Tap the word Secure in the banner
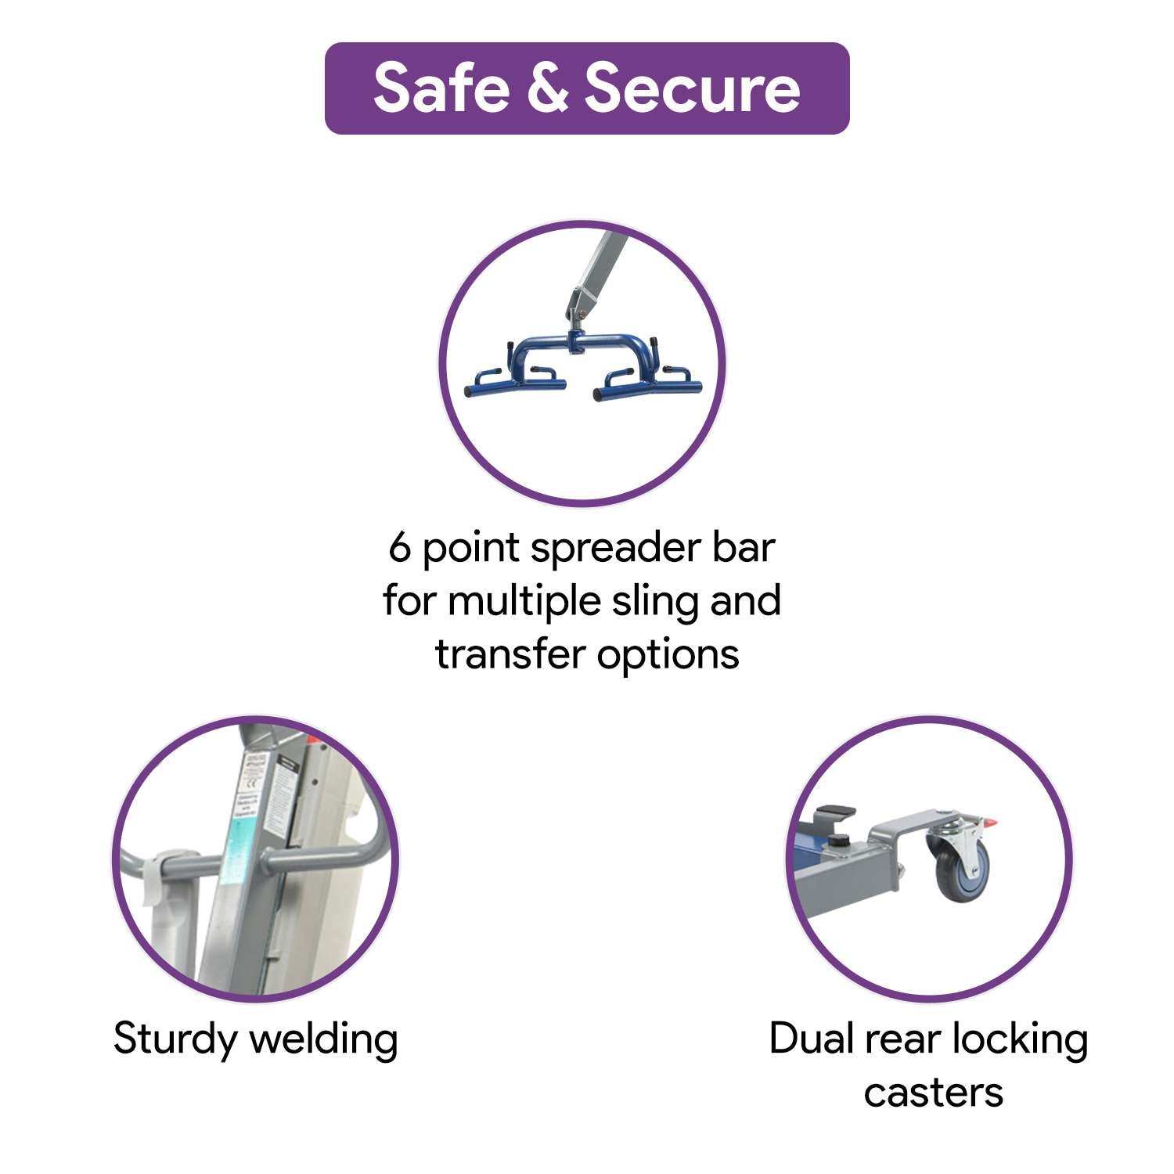tap(693, 88)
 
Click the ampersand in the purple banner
tap(547, 88)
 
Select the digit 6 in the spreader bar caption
tap(400, 548)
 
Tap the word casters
tap(933, 1091)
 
